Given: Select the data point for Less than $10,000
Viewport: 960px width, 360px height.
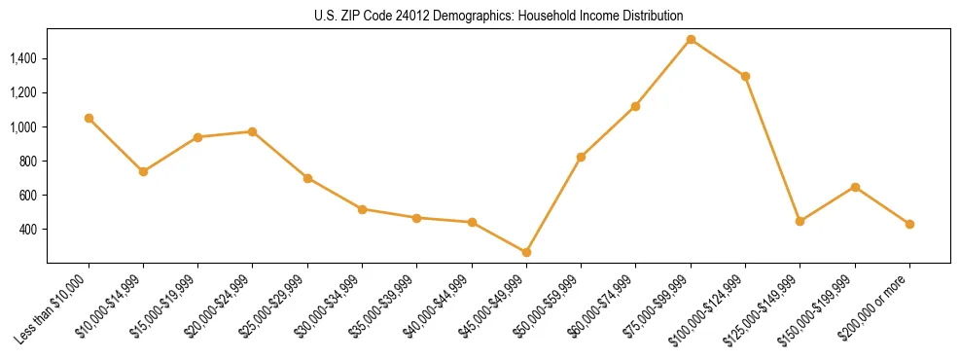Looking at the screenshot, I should tap(89, 118).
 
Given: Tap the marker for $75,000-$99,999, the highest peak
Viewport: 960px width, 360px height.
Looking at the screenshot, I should tap(691, 40).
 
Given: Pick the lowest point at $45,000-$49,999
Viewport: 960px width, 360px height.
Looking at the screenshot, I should tap(526, 252).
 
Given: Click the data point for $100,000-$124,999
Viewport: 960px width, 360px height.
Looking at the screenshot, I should tap(745, 76).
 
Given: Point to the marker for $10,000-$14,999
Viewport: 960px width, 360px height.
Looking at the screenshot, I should tap(143, 171).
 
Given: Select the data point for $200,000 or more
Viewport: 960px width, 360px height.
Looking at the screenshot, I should tap(909, 224).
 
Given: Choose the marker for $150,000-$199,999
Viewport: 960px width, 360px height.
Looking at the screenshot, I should tap(855, 187).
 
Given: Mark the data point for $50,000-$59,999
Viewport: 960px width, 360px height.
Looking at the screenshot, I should tap(581, 157).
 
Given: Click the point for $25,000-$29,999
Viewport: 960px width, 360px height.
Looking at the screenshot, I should tap(307, 178).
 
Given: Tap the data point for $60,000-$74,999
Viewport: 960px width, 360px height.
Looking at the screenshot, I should tap(635, 106).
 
